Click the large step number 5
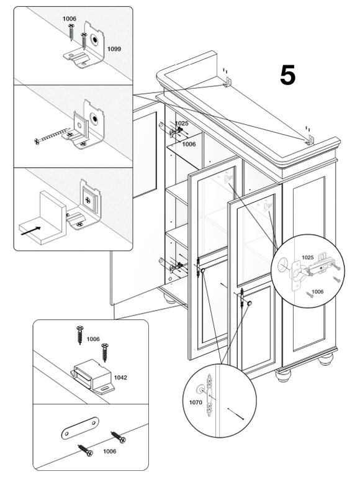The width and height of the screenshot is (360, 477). coord(287,75)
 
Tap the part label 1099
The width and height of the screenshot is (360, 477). coord(114,48)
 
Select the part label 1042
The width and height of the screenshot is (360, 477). coord(120,378)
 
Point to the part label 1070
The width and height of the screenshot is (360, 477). coord(196,402)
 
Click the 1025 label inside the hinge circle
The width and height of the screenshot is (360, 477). coord(307,257)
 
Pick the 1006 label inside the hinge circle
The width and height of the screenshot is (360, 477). coord(317,292)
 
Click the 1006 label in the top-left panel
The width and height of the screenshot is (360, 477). coord(70,19)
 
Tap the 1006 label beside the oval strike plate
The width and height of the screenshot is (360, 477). coord(109,451)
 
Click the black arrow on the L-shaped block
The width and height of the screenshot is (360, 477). coord(30,230)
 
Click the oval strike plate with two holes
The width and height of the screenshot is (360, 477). coord(80,428)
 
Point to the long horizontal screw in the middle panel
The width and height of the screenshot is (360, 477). coord(50,135)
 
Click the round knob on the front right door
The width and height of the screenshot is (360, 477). coord(250,303)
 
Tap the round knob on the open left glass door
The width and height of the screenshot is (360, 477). coord(202,270)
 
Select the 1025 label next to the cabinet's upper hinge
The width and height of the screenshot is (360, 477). coord(182,123)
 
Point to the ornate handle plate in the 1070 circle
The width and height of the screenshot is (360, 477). coord(210,395)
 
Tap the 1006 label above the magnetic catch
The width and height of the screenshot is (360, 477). coord(93,339)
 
